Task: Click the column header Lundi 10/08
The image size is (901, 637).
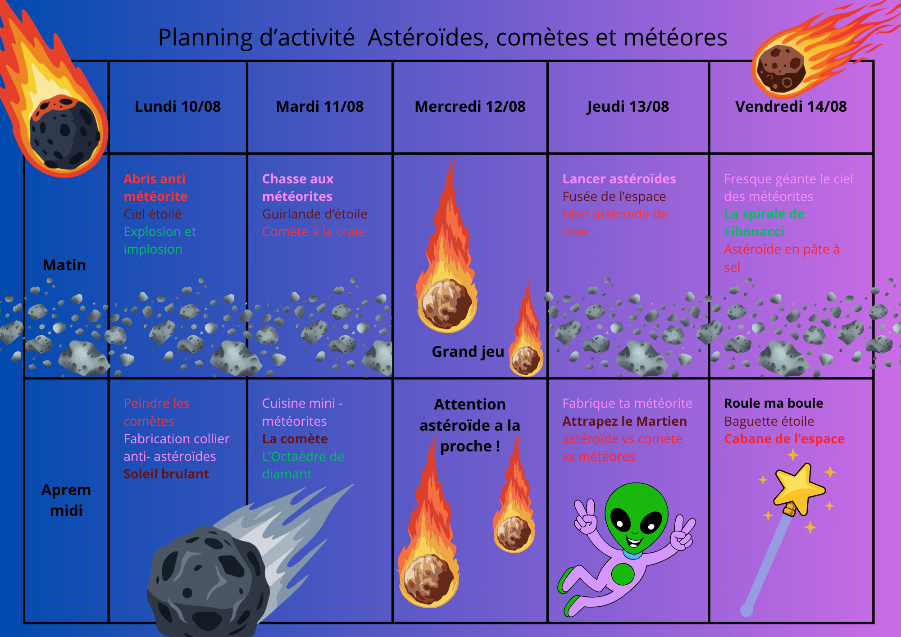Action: tap(178, 107)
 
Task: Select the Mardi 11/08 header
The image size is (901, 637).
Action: tap(320, 107)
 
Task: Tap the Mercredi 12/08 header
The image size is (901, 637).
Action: tap(470, 107)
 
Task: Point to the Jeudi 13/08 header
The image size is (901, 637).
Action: tap(628, 107)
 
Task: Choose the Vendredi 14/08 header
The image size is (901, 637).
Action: tap(791, 107)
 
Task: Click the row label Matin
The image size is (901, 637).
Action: tap(64, 265)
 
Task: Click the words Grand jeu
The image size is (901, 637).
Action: tap(468, 352)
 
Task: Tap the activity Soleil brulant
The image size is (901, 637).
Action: tap(166, 474)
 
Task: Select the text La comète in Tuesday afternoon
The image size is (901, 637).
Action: tap(295, 439)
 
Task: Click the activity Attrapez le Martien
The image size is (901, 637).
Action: tap(624, 422)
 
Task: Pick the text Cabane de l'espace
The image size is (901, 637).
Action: tap(784, 439)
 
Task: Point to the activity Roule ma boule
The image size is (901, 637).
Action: tap(774, 403)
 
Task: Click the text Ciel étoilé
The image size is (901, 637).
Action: tap(153, 214)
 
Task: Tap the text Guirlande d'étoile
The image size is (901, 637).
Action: tap(314, 214)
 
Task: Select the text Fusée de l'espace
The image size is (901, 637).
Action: tap(614, 197)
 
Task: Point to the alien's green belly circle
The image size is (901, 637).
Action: tap(623, 574)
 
